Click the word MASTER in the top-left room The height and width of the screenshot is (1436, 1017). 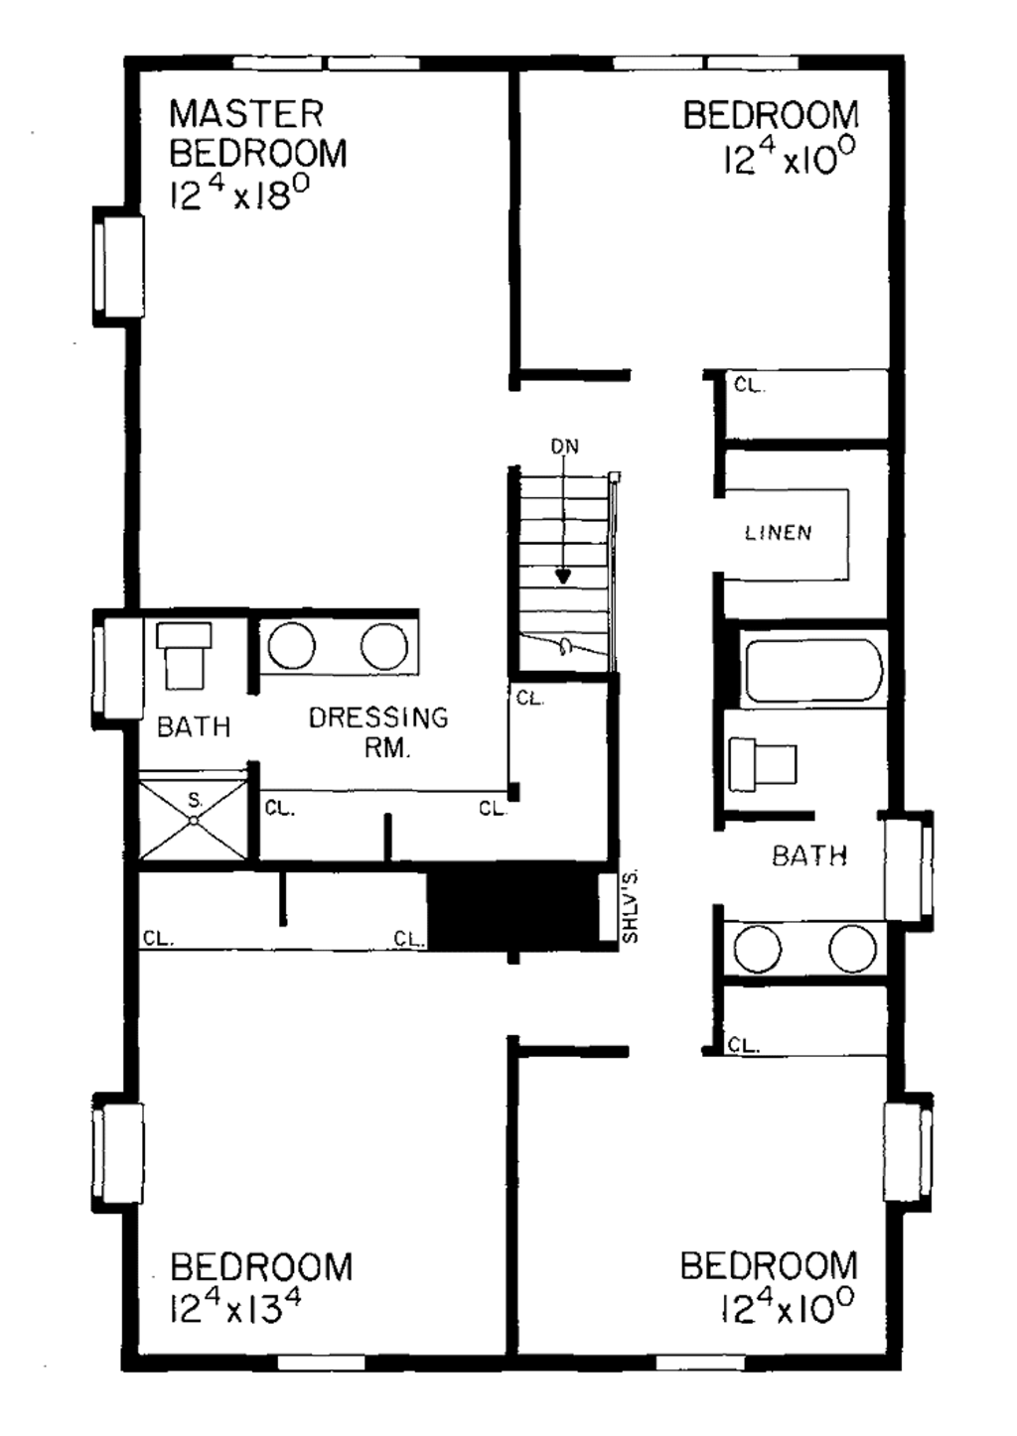pos(245,114)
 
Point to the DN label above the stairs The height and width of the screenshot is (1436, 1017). pos(564,447)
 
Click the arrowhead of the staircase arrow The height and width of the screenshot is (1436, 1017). pos(563,576)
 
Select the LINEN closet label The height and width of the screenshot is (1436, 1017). pos(779,533)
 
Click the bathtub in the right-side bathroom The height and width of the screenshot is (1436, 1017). pos(812,671)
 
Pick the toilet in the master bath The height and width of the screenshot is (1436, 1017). pos(185,654)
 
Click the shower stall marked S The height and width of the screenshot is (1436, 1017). pos(193,820)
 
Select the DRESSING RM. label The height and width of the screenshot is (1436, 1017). pos(378,730)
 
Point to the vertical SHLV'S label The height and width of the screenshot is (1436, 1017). pos(630,906)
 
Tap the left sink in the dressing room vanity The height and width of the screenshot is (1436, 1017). pos(291,646)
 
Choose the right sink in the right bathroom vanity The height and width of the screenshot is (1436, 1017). pos(851,949)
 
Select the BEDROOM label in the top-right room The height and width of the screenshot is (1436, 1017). pos(770,116)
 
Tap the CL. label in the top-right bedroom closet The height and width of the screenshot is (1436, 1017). pos(749,385)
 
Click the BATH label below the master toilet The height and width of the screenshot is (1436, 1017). pos(194,726)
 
